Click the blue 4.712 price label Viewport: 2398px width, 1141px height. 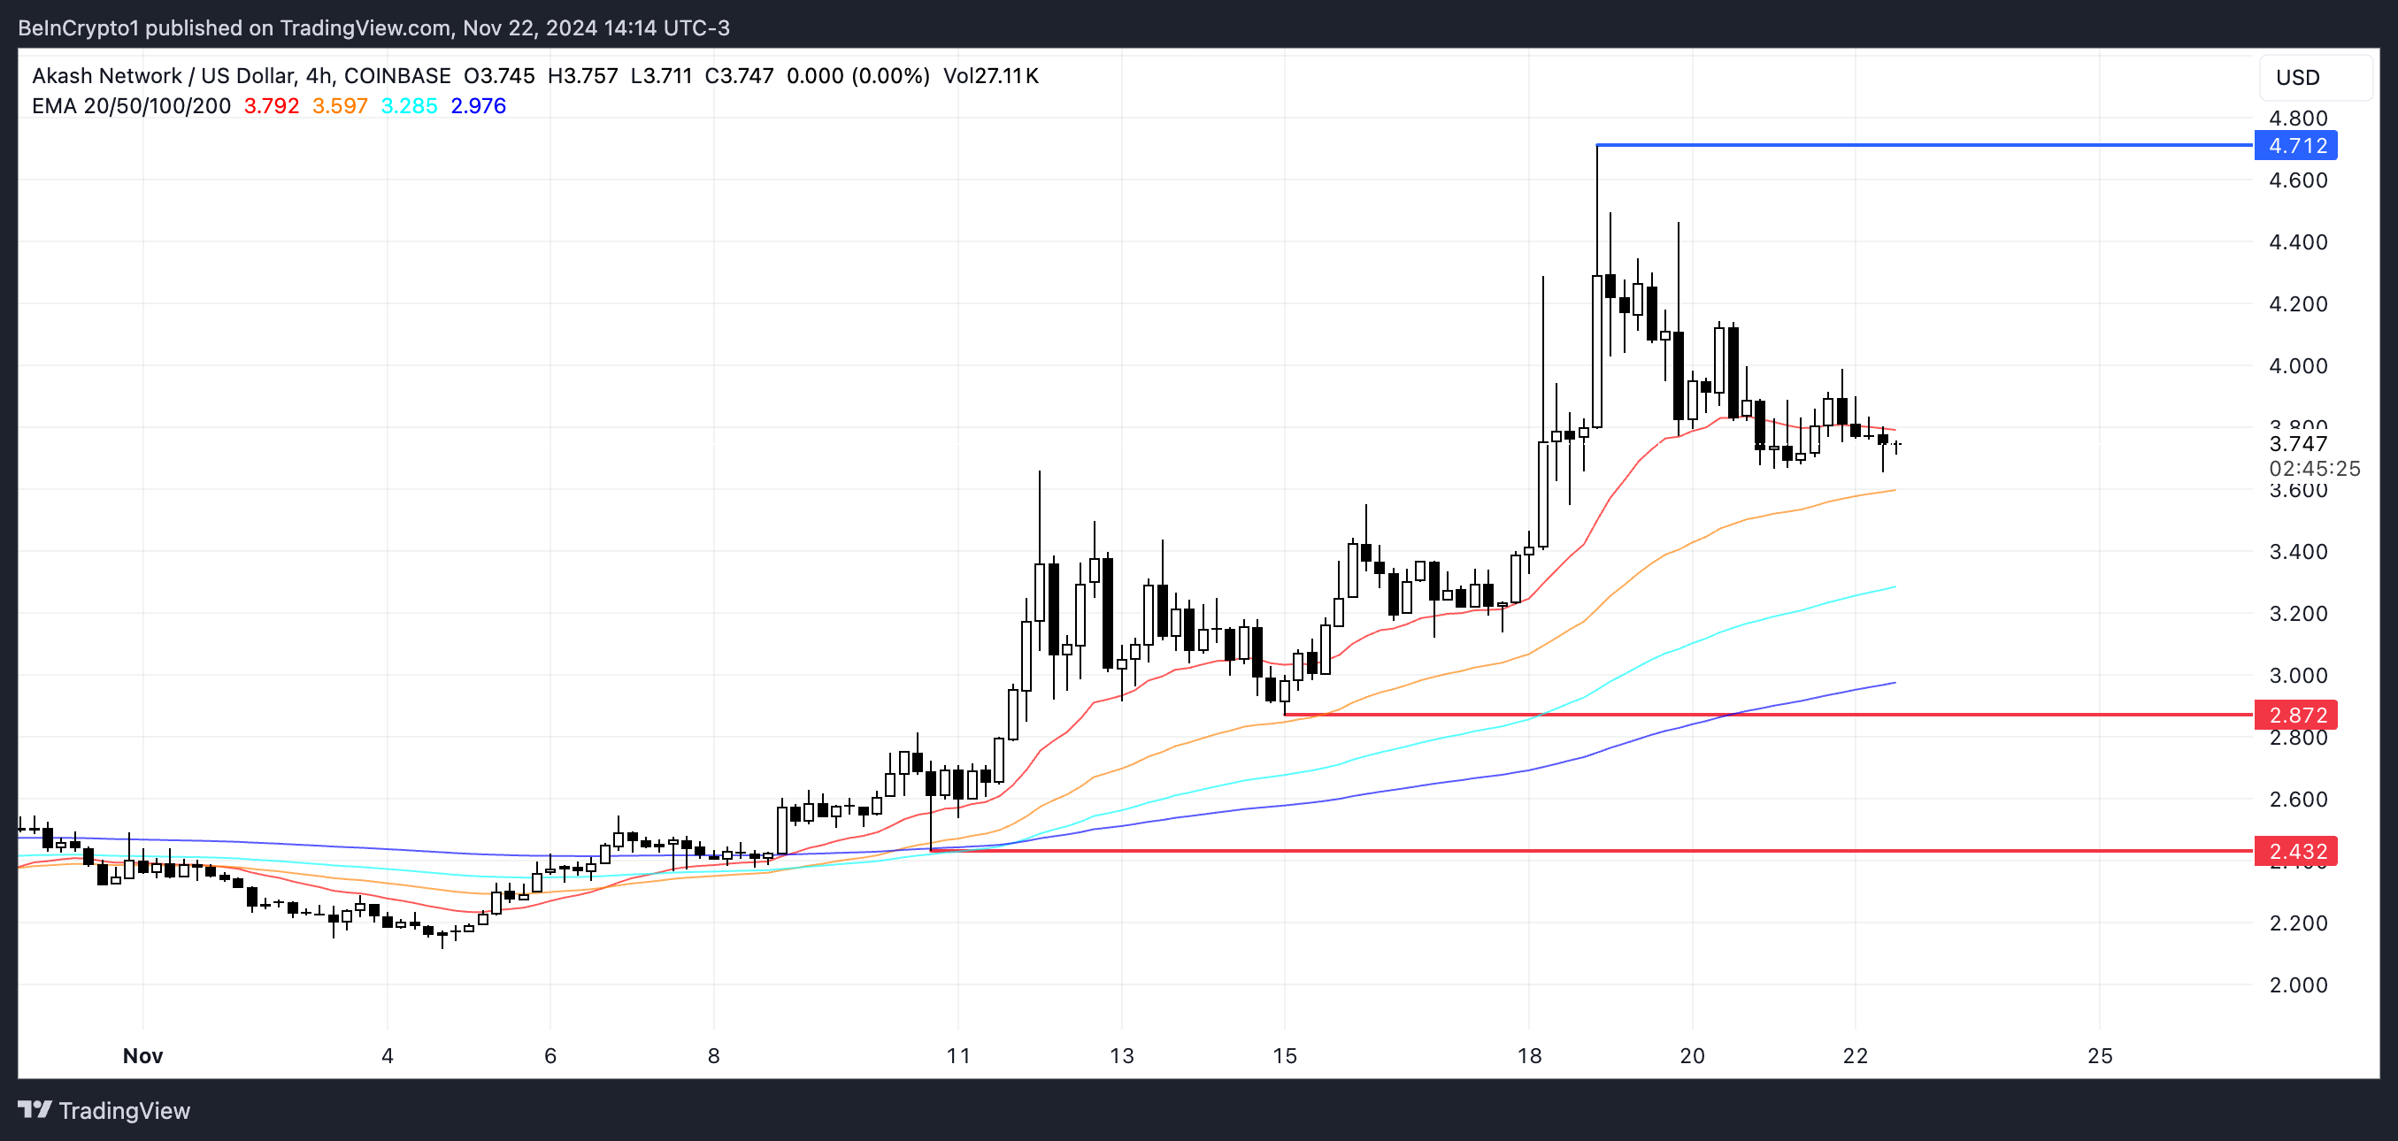tap(2296, 145)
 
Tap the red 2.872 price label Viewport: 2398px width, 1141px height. tap(2296, 715)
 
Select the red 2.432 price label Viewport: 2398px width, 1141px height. tap(2296, 851)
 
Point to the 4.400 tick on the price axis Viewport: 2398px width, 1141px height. tap(2297, 242)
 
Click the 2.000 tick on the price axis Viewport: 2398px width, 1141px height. tap(2297, 984)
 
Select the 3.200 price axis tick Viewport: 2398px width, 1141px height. tap(2297, 613)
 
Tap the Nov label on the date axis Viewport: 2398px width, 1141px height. tap(142, 1055)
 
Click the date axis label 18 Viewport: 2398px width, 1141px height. tap(1529, 1055)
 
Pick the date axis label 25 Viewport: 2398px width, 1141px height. tap(2100, 1055)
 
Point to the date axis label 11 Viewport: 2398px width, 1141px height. tap(958, 1055)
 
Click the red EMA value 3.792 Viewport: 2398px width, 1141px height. tap(271, 106)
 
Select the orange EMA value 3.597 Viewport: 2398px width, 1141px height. tap(340, 106)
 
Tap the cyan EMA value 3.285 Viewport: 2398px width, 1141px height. tap(409, 106)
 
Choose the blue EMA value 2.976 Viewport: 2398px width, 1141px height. tap(479, 106)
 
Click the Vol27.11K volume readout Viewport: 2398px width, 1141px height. tap(990, 76)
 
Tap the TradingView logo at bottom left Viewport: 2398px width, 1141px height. tap(104, 1109)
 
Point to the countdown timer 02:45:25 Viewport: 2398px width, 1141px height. tap(2314, 468)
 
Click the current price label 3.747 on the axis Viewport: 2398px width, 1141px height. tap(2297, 444)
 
